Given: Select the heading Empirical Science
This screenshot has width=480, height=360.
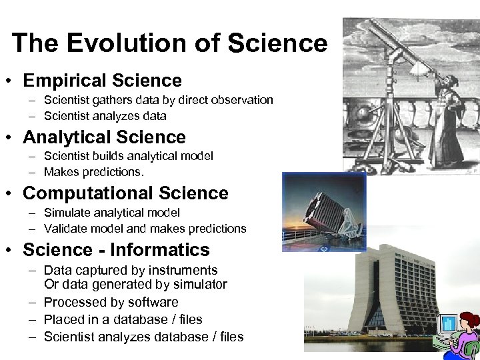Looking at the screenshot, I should click(x=102, y=81).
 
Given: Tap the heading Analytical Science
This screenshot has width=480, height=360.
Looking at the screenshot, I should click(x=104, y=137).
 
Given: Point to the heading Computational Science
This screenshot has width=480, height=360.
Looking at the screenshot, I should click(x=125, y=193).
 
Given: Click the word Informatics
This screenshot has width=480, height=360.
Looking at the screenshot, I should click(x=159, y=250).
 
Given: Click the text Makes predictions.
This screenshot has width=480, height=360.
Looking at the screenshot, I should click(x=93, y=172).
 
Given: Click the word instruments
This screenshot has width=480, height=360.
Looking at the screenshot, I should click(x=183, y=270).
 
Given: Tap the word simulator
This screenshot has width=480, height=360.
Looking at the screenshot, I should click(x=199, y=285).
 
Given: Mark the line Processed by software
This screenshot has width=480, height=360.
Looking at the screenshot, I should click(x=111, y=302).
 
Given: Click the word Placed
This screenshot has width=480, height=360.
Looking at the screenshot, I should click(x=62, y=319).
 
